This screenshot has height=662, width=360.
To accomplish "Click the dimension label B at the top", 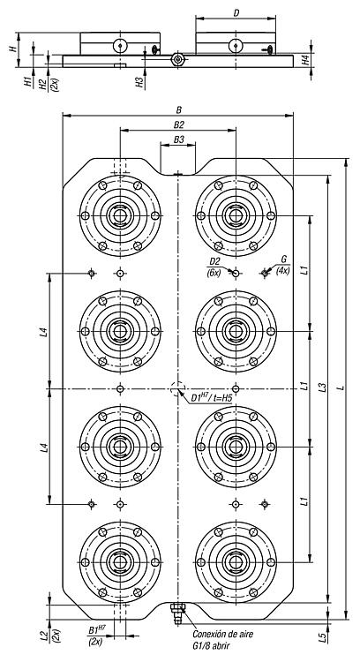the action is click(178, 109).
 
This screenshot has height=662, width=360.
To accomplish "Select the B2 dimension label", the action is click(179, 125).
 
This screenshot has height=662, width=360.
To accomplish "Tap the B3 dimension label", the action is click(179, 139).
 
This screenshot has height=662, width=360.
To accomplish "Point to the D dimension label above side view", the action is click(236, 13).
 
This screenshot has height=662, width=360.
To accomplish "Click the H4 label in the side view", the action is click(306, 60).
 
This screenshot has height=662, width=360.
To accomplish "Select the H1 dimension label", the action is click(28, 82).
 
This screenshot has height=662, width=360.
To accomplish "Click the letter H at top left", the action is click(13, 49).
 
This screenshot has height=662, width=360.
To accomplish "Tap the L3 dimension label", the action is click(322, 387).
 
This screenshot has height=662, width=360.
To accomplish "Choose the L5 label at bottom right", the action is click(322, 637).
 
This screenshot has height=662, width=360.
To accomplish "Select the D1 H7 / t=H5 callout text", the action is click(212, 397).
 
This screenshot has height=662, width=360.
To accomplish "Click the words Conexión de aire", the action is click(223, 634).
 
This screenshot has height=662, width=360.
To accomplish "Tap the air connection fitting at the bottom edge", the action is click(177, 613).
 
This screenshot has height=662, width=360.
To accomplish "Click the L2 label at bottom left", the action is click(43, 636).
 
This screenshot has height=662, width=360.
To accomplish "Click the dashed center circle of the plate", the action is click(177, 388).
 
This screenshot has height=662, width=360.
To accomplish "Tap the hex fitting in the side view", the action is click(178, 59).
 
